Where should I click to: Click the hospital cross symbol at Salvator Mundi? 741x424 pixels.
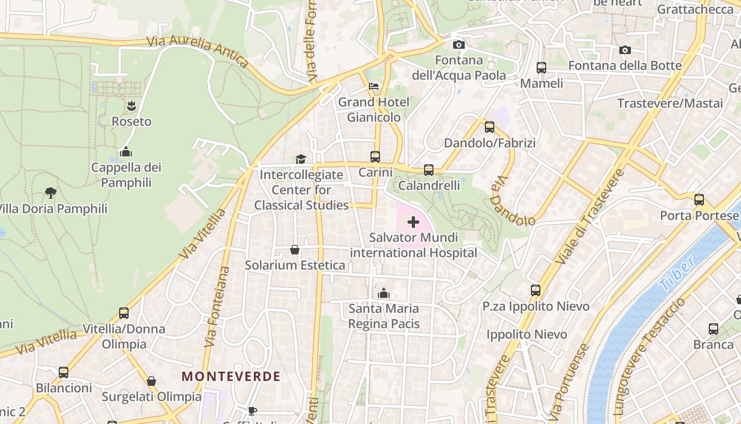tap(413, 222)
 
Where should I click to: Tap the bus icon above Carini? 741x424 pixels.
tap(375, 157)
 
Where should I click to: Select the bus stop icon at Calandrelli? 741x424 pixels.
tap(429, 170)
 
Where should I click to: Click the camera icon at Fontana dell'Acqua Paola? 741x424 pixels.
tap(459, 45)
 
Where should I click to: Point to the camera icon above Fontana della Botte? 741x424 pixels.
tap(625, 50)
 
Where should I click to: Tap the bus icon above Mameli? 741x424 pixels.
tap(541, 68)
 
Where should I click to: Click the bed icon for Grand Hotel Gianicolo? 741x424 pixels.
tap(374, 86)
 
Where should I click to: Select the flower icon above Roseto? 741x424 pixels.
tap(131, 106)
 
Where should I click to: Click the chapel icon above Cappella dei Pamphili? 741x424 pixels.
tap(126, 152)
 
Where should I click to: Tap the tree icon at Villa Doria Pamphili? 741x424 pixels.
tap(51, 193)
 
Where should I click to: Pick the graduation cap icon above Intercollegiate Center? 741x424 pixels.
tap(301, 159)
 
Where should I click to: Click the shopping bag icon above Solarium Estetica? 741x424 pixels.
tap(295, 250)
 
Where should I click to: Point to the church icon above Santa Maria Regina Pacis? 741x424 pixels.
tap(384, 293)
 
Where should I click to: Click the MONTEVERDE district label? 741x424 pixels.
tap(231, 377)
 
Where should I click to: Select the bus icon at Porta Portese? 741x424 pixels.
tap(699, 200)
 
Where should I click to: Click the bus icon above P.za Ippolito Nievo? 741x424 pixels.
tap(536, 290)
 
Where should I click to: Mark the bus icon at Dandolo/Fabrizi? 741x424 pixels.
tap(490, 127)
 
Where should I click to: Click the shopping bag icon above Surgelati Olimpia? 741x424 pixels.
tap(151, 381)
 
